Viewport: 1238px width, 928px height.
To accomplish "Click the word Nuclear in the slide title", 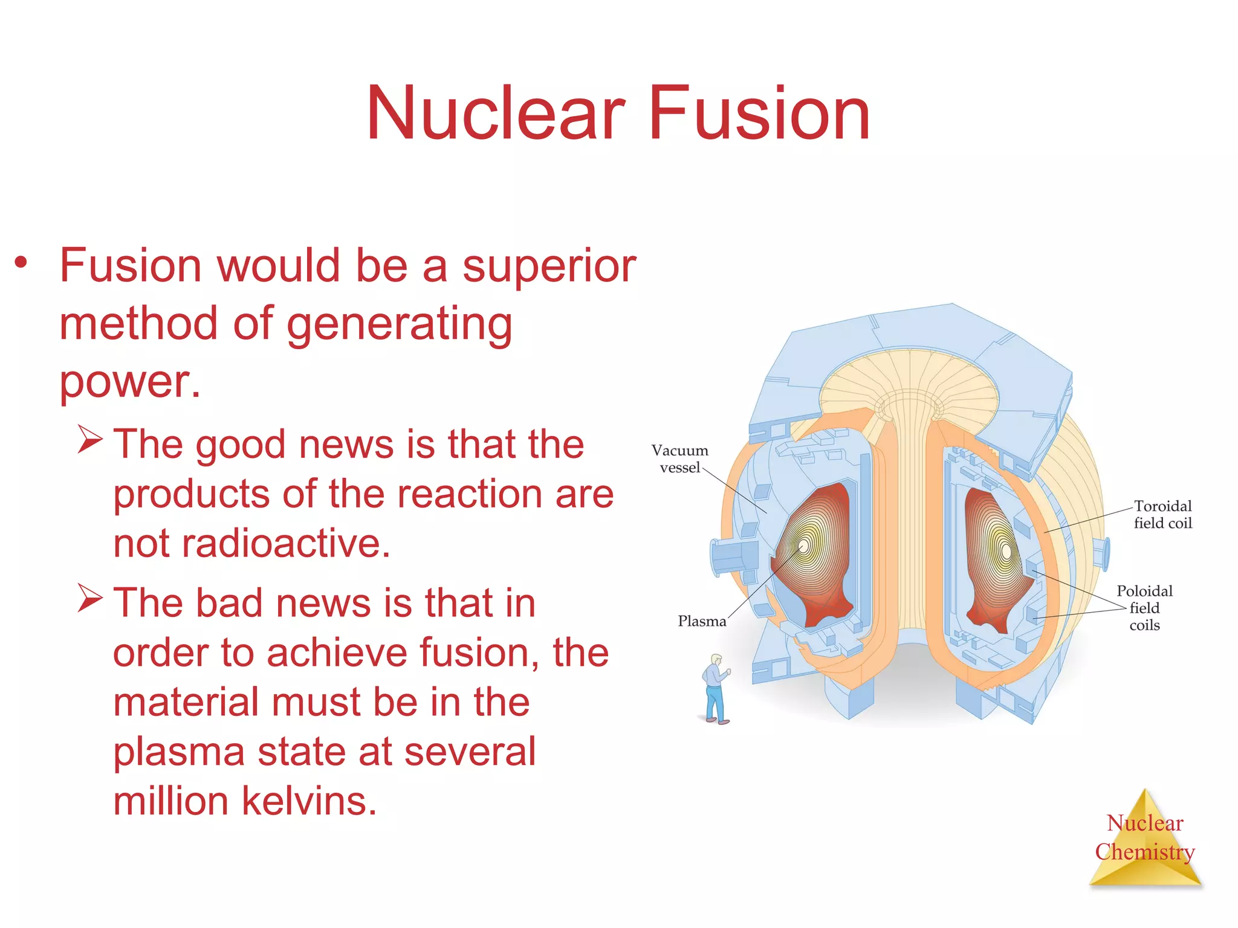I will point(496,114).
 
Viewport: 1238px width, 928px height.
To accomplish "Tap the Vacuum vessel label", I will point(679,459).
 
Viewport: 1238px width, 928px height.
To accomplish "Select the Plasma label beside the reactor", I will point(701,621).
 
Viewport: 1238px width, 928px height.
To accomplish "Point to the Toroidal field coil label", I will point(1162,514).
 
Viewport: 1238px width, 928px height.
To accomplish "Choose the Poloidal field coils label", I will point(1144,608).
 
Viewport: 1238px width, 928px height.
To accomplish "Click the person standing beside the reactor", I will point(716,689).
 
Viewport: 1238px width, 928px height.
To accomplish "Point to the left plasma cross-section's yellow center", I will point(805,546).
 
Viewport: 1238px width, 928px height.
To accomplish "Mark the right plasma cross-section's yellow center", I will point(1006,551).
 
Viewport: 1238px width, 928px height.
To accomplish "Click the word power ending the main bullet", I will point(129,382).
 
